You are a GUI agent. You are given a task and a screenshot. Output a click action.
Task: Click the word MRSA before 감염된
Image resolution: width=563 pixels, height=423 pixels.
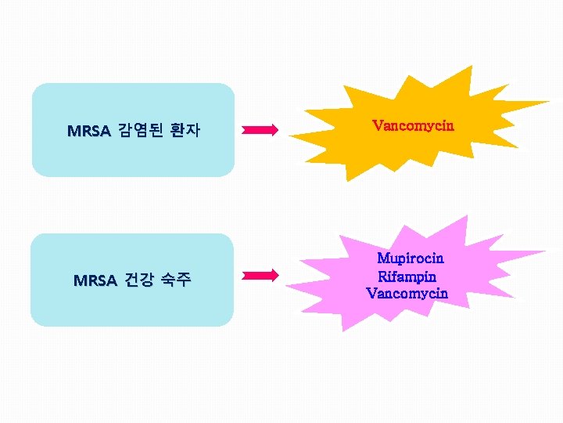click(x=88, y=131)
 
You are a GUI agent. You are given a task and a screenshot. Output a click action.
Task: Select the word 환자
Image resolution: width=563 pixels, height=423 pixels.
click(x=185, y=131)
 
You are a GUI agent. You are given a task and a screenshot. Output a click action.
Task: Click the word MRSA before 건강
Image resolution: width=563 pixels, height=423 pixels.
click(x=95, y=280)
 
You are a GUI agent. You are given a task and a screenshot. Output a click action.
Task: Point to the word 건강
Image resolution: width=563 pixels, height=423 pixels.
click(x=141, y=280)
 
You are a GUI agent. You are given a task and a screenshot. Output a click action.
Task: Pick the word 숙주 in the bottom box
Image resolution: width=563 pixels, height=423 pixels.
click(x=175, y=280)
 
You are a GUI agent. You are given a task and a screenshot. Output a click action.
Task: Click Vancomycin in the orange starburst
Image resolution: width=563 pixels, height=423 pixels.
click(x=413, y=125)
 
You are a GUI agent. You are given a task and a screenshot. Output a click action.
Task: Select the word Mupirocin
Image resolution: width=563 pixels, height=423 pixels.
click(x=411, y=258)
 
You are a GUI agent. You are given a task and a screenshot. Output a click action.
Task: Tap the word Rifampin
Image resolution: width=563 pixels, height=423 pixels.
click(x=407, y=276)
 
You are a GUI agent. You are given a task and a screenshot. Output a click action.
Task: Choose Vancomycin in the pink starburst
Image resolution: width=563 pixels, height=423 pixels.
click(x=407, y=294)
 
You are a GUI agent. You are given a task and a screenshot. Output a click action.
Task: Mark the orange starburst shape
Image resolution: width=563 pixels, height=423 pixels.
click(x=407, y=149)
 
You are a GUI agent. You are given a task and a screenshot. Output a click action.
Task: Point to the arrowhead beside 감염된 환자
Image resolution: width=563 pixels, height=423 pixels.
click(x=273, y=130)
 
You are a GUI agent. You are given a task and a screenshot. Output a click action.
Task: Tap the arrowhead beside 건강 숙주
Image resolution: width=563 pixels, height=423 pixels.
click(x=273, y=275)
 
